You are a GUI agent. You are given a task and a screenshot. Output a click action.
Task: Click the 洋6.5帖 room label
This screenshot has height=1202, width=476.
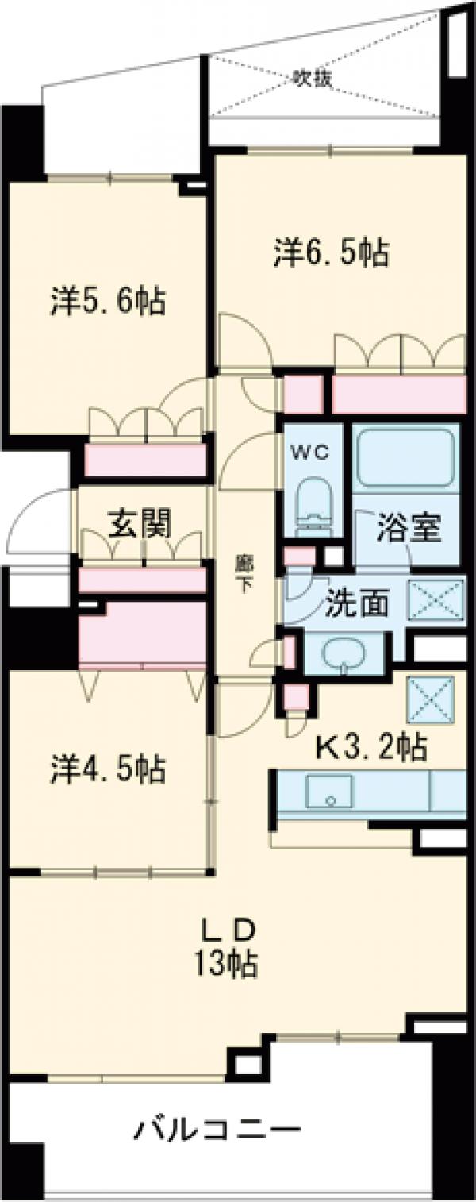331,253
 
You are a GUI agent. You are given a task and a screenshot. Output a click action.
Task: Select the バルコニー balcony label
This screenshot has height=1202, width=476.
217,1128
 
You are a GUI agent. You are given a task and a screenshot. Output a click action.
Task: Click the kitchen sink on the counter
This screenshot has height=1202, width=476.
329,789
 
